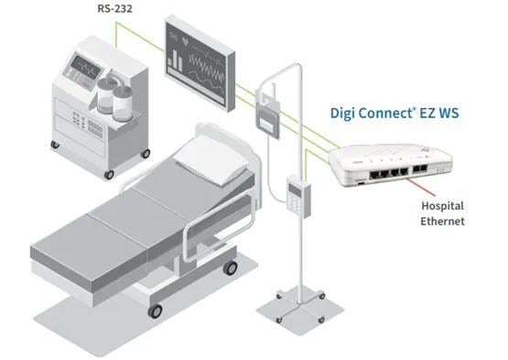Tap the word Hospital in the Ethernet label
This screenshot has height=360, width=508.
(443, 206)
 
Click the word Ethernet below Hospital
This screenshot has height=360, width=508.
(443, 222)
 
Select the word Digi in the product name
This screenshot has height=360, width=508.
(346, 115)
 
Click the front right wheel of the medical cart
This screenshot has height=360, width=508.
(109, 173)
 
